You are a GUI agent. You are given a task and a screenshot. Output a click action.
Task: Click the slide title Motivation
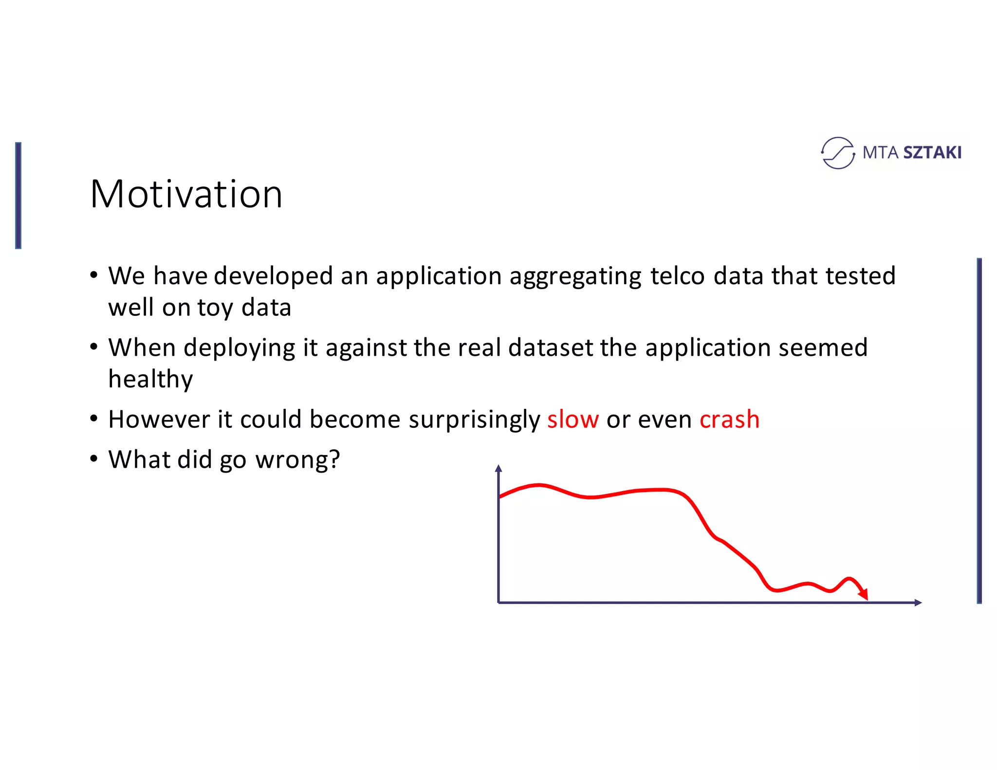click(x=186, y=194)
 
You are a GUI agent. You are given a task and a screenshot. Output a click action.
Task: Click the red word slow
click(x=572, y=420)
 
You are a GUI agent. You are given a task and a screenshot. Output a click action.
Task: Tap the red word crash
click(x=729, y=420)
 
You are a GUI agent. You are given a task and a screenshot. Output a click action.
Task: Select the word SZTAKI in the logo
click(x=932, y=153)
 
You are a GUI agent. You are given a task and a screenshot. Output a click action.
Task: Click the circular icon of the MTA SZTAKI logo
click(x=837, y=153)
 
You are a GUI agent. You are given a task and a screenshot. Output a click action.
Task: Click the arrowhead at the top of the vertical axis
click(x=498, y=469)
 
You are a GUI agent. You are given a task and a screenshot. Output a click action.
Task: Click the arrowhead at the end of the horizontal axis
click(x=918, y=603)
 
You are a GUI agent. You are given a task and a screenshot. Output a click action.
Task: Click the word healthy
click(x=150, y=379)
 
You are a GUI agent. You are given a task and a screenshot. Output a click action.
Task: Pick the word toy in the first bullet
click(x=215, y=308)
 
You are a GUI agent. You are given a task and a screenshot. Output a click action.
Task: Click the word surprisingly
click(x=474, y=420)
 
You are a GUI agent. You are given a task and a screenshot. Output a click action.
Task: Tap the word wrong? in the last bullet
click(x=297, y=460)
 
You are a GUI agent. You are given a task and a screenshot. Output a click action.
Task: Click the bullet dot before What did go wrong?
click(x=94, y=459)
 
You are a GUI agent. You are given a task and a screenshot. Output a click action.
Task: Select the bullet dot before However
click(x=94, y=419)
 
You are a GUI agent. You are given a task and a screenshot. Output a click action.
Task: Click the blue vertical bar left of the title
click(x=18, y=196)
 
